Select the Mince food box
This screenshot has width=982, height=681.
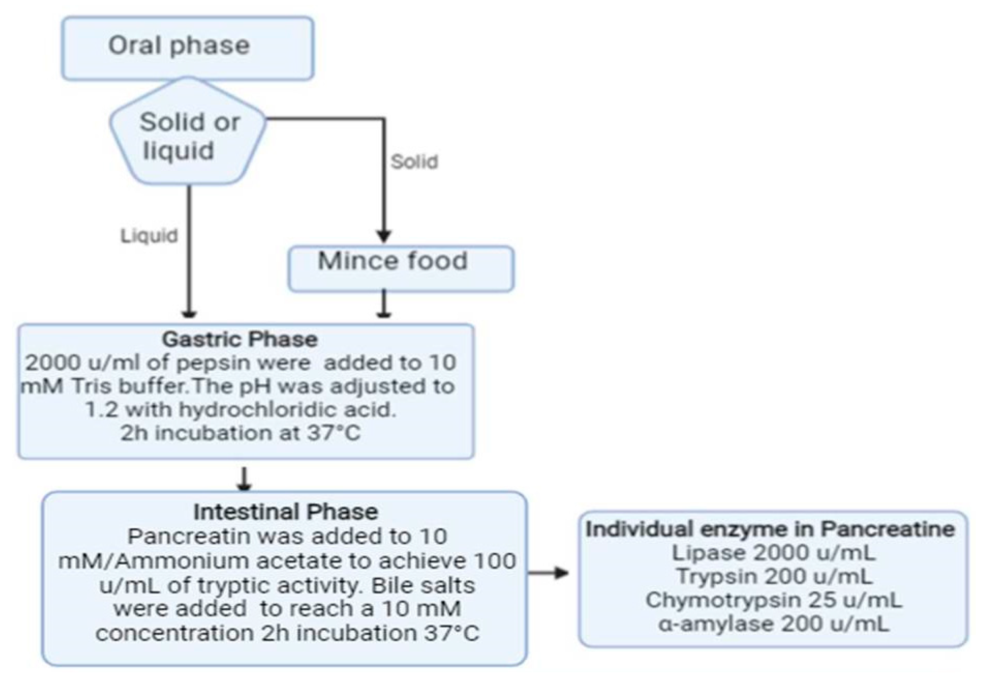click(401, 268)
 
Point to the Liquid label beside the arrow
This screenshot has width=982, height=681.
click(149, 236)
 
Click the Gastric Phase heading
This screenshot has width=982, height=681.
click(239, 340)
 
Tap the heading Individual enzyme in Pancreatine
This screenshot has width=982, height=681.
click(770, 529)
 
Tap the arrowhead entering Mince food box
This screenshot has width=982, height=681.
click(384, 236)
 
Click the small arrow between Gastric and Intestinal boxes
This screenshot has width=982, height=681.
click(244, 480)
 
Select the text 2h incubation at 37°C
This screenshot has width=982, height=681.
click(240, 434)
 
